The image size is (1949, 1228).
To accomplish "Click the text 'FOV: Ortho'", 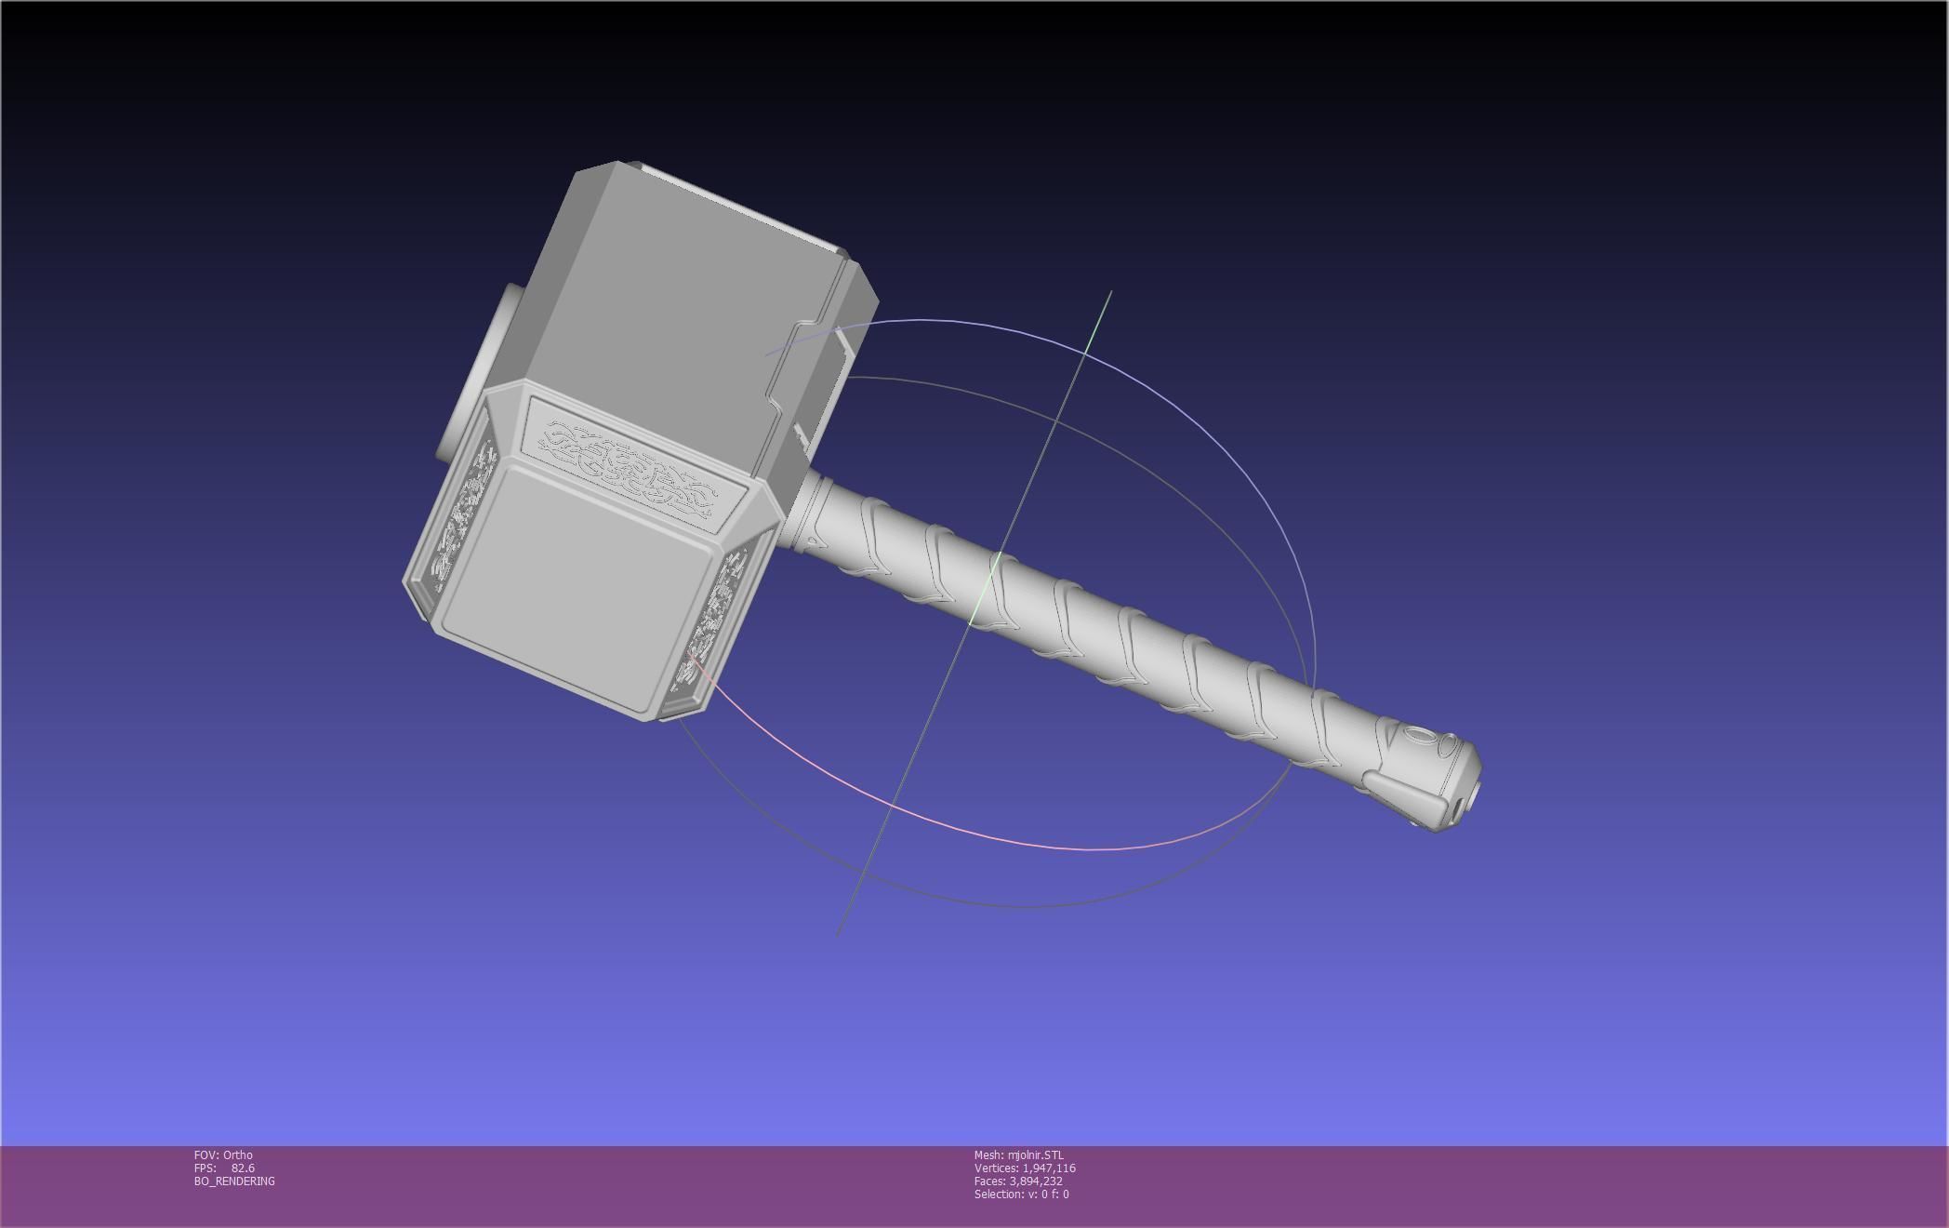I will pos(223,1155).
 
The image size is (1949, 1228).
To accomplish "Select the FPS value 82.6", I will pos(243,1168).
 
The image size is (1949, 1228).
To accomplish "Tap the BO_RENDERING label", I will pos(234,1181).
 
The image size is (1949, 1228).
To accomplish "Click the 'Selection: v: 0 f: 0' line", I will pos(1021,1194).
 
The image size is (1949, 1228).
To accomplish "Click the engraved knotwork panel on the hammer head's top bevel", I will pos(633,464).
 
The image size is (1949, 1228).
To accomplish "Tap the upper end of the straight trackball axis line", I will pos(1109,293).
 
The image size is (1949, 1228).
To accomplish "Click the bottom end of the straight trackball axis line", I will pos(840,932).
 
